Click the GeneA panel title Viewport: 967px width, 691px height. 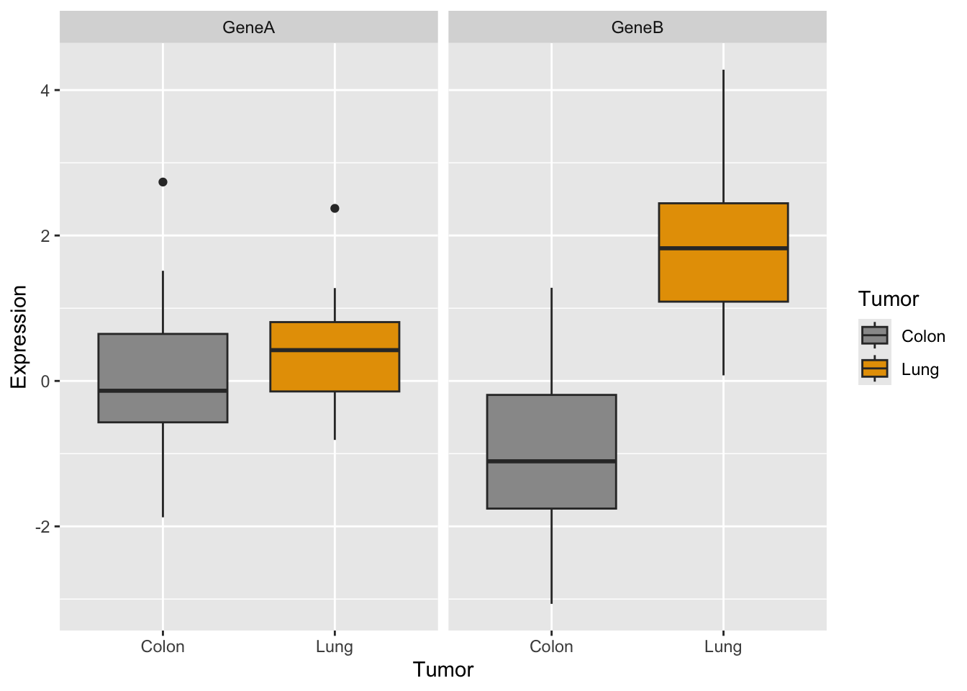click(x=248, y=28)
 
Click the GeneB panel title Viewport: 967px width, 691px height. click(x=637, y=28)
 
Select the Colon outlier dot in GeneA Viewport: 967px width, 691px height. click(x=163, y=182)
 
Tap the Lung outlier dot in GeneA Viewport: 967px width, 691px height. click(x=335, y=209)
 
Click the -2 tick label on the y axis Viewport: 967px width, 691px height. click(x=42, y=527)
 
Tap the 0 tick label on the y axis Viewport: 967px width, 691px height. click(x=45, y=381)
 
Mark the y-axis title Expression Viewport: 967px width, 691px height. click(x=19, y=337)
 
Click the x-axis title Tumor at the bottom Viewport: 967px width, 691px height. click(x=443, y=670)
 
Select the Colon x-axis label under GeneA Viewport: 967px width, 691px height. click(x=163, y=646)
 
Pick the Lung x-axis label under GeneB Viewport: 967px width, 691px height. click(x=723, y=646)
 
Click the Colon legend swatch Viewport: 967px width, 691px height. click(x=874, y=335)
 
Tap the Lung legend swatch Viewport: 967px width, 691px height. click(x=874, y=369)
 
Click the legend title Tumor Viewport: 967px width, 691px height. click(x=889, y=299)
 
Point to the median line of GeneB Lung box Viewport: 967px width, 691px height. click(x=723, y=248)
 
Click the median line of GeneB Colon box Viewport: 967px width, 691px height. click(x=551, y=461)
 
